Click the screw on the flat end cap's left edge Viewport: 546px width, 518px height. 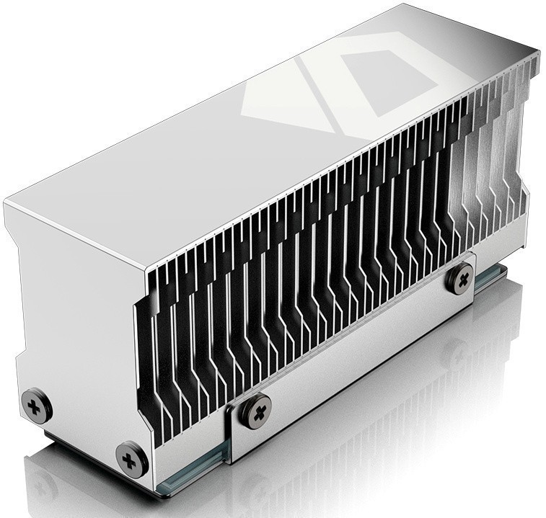click(x=36, y=405)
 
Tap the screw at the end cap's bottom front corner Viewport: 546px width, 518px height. click(x=132, y=458)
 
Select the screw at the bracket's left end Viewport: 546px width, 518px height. click(x=255, y=411)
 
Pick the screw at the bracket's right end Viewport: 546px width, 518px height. click(x=459, y=277)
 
